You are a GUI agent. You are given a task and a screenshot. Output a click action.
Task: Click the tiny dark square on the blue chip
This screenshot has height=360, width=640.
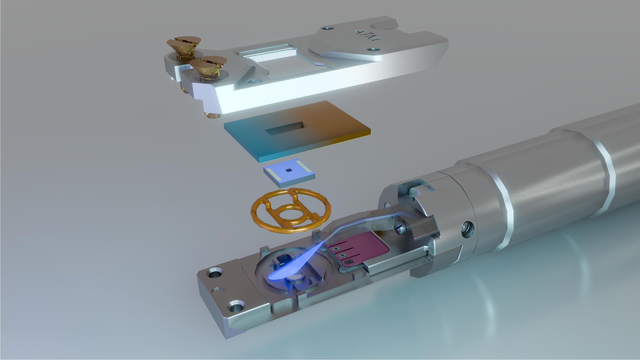(x=289, y=170)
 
